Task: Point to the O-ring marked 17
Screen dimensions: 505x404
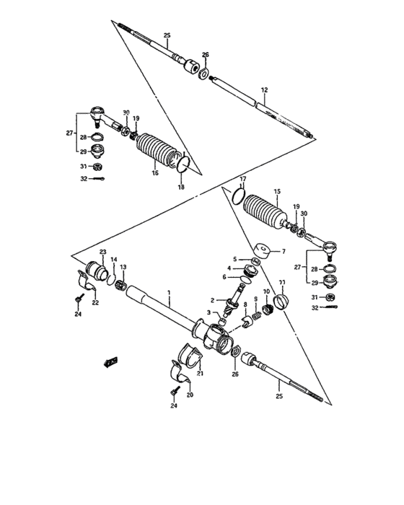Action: coord(237,196)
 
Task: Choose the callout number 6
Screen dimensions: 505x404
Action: coord(225,277)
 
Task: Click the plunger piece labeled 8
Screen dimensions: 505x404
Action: coord(245,321)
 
